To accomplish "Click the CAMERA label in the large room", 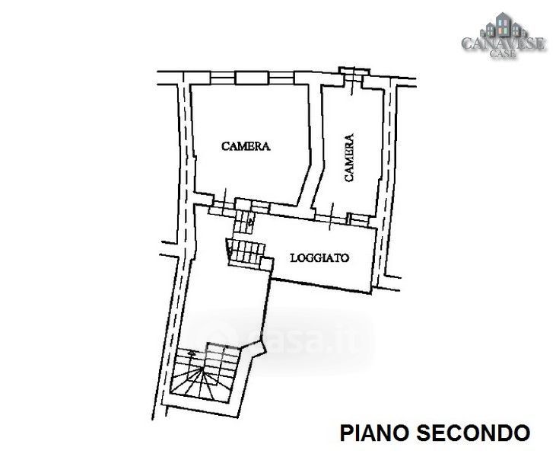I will [246, 146].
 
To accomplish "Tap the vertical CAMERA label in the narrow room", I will [349, 158].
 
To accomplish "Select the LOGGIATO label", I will [319, 258].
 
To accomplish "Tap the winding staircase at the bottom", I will [203, 376].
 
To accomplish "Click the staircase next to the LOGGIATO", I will [246, 251].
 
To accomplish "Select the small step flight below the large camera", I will [243, 222].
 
